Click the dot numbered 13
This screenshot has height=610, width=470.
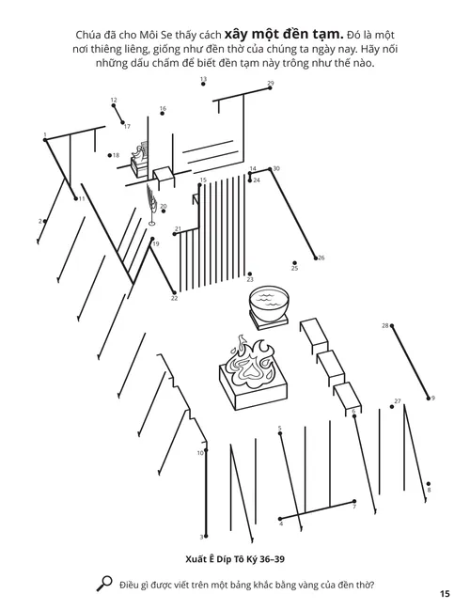pos(203,87)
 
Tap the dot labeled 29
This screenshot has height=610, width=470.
pos(270,89)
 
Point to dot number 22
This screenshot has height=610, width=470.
pos(174,292)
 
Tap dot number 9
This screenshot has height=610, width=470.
pos(429,398)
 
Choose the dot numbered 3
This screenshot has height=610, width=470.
pos(203,537)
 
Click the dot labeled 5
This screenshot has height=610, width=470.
pos(280,434)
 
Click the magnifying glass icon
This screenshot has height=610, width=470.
pos(105,584)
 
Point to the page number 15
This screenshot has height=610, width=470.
pos(444,593)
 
